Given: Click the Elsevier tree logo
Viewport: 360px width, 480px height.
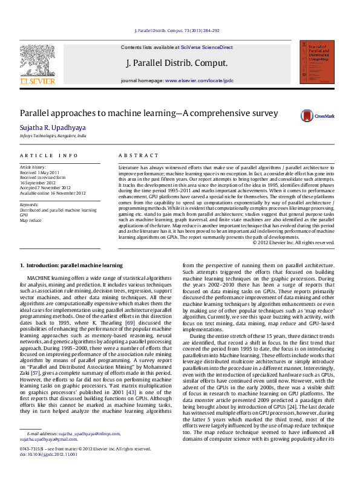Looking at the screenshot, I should [x=38, y=61].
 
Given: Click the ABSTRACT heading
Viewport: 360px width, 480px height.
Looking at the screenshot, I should [x=134, y=156].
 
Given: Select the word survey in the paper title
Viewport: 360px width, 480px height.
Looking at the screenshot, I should [x=265, y=113].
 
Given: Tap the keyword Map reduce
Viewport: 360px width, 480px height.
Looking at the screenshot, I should [x=31, y=221].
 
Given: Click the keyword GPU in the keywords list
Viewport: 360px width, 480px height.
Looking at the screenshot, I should [x=24, y=215].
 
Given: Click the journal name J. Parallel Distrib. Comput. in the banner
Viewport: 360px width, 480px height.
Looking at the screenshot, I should [x=177, y=63].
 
